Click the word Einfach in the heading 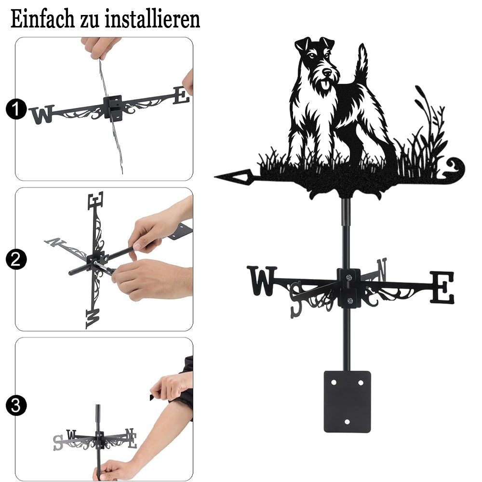[x=43, y=19]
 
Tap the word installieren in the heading [x=152, y=19]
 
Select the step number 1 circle [x=16, y=109]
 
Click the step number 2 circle [x=16, y=259]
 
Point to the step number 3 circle [x=16, y=406]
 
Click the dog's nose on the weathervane [x=327, y=72]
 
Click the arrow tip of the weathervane [x=215, y=177]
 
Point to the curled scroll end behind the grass [x=455, y=168]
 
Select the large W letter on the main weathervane [x=262, y=281]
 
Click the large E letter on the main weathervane [x=442, y=287]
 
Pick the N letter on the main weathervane [x=382, y=269]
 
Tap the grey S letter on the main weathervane [x=296, y=299]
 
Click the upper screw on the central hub [x=348, y=278]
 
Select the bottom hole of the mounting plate [x=348, y=422]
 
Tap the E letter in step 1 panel [x=181, y=95]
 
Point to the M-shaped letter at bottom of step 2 [x=93, y=319]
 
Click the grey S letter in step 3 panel [x=58, y=442]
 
